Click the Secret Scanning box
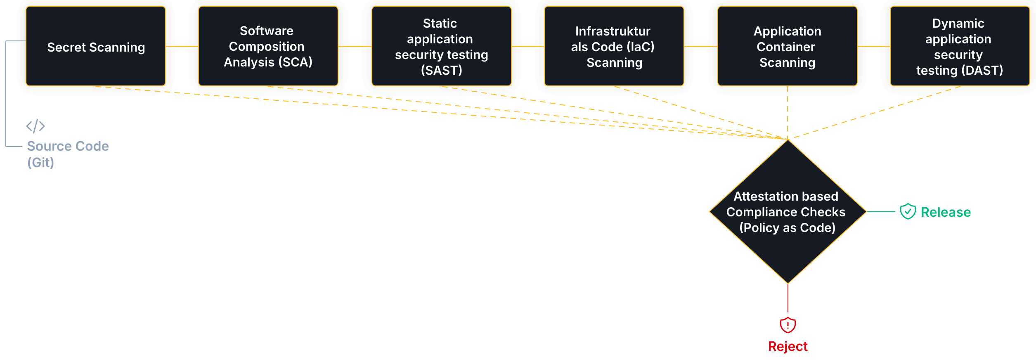[x=96, y=46]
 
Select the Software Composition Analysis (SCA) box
[x=268, y=46]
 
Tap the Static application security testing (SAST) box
[x=441, y=46]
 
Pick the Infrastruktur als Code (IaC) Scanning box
[x=614, y=46]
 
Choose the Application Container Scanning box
[x=787, y=46]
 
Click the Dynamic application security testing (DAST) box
[x=959, y=46]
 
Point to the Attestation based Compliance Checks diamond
[x=788, y=212]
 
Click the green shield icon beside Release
[x=908, y=211]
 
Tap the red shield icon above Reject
[x=788, y=325]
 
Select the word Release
[x=946, y=212]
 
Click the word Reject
[x=788, y=346]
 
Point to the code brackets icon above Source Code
[x=35, y=126]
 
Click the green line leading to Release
[x=881, y=211]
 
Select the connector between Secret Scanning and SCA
[x=182, y=47]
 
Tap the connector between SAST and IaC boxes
[x=528, y=47]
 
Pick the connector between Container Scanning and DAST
[x=874, y=47]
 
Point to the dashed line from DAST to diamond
[x=875, y=112]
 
